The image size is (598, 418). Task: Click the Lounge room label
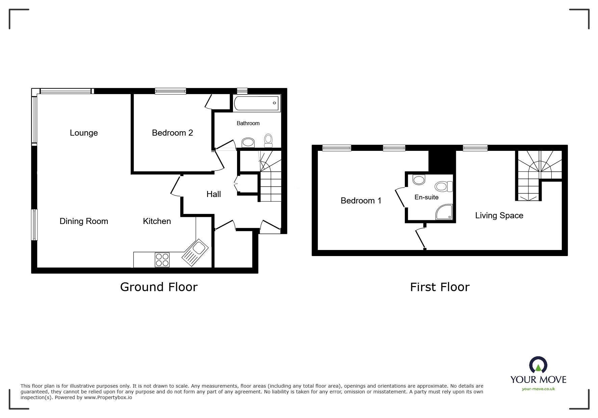pos(84,133)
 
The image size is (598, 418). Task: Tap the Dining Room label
pos(84,221)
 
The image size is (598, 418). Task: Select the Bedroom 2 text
pos(172,133)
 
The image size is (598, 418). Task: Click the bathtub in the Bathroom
pos(256,103)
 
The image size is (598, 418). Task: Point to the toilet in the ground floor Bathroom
pos(268,140)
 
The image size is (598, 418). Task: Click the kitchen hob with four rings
pos(162,260)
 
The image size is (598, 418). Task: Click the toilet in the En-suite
pos(444,186)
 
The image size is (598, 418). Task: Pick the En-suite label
pos(426,197)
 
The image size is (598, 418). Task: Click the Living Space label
pos(499,216)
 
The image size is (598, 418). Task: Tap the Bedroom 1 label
pos(361,201)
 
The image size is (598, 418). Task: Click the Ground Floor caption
pos(159,287)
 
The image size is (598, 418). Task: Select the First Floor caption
pos(440,287)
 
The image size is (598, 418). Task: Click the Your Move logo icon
pos(538,365)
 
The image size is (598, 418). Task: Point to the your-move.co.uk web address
pos(538,389)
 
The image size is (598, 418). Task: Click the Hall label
pos(214,194)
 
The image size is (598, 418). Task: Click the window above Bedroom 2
pos(171,91)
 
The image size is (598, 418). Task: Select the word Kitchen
pos(157,221)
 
